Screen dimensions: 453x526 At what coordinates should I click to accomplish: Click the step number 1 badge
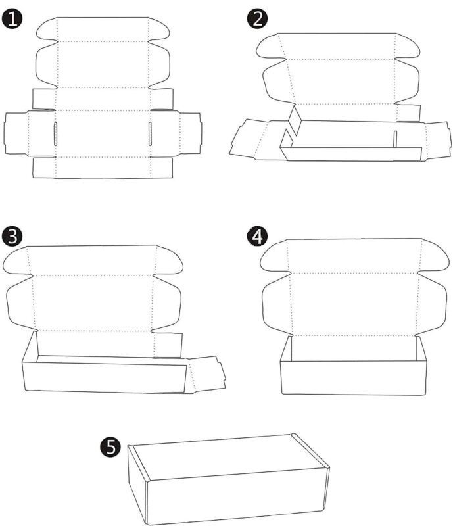click(12, 19)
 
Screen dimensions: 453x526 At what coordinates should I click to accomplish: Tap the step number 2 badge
click(257, 18)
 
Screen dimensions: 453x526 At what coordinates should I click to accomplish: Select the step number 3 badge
click(12, 236)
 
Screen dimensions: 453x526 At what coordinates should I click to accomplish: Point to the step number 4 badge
click(257, 236)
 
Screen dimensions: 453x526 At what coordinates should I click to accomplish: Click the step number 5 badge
click(110, 447)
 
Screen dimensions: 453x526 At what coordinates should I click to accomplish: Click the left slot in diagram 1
click(56, 134)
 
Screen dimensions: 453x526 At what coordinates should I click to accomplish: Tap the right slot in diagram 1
click(150, 134)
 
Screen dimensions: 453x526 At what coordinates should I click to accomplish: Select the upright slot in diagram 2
click(395, 139)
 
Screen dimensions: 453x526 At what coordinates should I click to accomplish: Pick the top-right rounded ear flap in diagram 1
click(158, 29)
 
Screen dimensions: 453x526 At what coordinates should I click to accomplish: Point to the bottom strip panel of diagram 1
click(103, 168)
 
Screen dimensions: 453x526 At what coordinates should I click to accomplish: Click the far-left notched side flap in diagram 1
click(17, 133)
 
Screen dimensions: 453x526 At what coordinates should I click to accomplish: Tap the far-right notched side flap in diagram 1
click(190, 133)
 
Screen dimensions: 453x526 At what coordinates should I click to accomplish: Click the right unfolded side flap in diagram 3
click(206, 374)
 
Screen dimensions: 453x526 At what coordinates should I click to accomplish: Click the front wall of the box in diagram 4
click(353, 377)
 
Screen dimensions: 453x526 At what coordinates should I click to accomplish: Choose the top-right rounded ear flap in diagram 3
click(169, 260)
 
